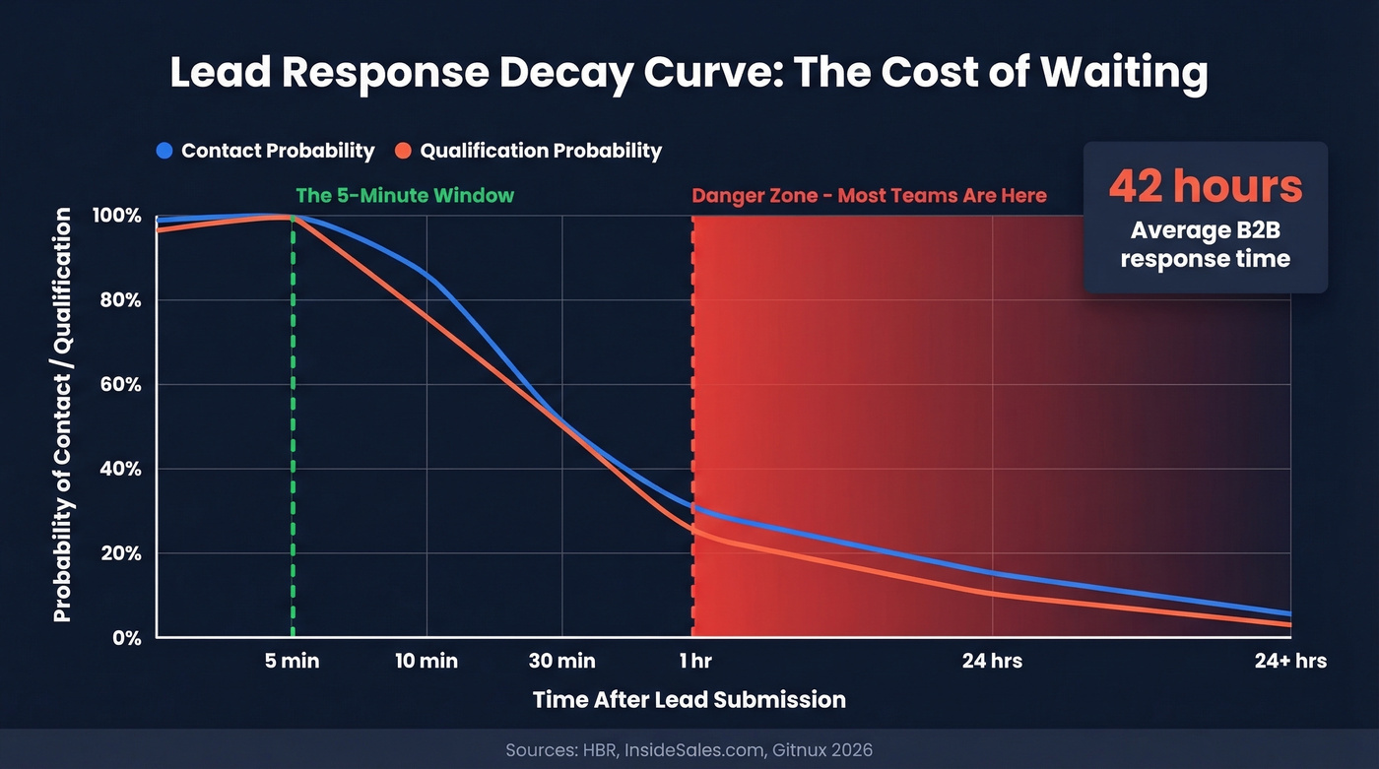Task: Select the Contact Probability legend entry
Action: [x=265, y=151]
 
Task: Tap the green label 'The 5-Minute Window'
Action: [x=405, y=195]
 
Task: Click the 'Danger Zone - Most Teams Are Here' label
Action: [x=869, y=195]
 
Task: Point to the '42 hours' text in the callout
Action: [x=1205, y=186]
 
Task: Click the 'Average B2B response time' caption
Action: [x=1205, y=244]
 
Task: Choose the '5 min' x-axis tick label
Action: [x=293, y=661]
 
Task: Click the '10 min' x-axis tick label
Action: [x=427, y=661]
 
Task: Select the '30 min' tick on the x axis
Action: [x=561, y=661]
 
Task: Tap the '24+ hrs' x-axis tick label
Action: [x=1290, y=661]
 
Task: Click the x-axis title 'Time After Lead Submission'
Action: [x=689, y=700]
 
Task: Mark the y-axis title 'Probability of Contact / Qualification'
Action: [x=62, y=415]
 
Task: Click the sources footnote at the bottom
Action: [x=689, y=750]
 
